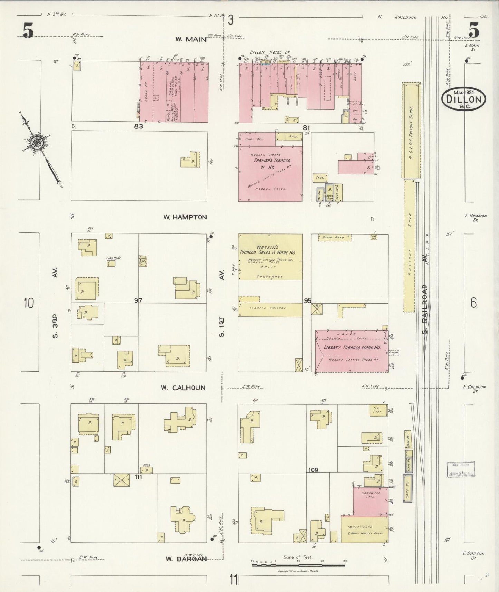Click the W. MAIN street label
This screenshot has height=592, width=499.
click(x=191, y=39)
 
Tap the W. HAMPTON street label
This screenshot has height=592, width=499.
click(x=185, y=217)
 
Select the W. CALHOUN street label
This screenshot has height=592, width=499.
click(x=183, y=388)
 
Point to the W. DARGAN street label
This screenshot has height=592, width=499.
click(x=186, y=559)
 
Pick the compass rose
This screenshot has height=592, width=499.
click(x=36, y=142)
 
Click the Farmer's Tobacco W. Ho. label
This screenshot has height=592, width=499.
click(x=272, y=163)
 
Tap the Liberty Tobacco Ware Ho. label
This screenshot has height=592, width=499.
click(x=352, y=347)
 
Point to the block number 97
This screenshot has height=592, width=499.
click(x=138, y=300)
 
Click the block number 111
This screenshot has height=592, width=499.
click(x=138, y=477)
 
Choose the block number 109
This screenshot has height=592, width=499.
click(x=313, y=470)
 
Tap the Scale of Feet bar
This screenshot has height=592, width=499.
click(x=298, y=566)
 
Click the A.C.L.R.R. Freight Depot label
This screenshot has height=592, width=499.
click(x=411, y=130)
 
